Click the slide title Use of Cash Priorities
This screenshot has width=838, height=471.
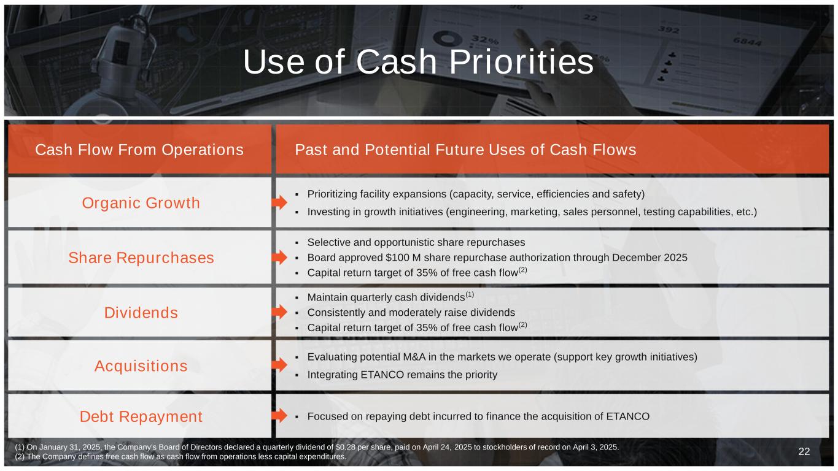(418, 62)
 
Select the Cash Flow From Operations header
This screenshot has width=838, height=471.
(139, 150)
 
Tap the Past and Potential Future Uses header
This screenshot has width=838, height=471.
(465, 150)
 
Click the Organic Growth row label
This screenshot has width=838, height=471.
(141, 203)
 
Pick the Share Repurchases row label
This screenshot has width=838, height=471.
(141, 258)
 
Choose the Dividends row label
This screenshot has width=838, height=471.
(141, 313)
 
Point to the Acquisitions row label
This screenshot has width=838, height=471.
(141, 366)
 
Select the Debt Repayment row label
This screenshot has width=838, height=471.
(141, 416)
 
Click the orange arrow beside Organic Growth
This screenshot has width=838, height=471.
(279, 202)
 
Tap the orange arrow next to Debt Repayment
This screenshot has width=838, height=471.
(279, 415)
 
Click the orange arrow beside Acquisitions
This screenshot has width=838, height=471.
(279, 364)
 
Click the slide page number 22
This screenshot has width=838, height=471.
(804, 451)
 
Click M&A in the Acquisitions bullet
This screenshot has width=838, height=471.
(414, 357)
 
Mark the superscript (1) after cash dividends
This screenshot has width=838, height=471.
(470, 294)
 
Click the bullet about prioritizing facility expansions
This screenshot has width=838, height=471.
(476, 194)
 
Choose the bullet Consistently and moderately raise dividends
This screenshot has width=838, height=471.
(411, 313)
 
